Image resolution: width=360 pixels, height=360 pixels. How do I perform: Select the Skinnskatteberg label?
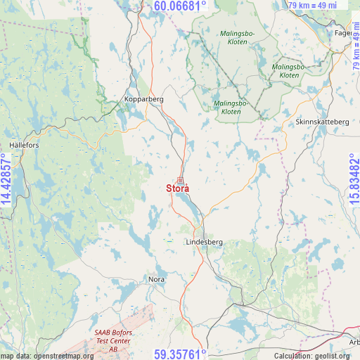point(322,122)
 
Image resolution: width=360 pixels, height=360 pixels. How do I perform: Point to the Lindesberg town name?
point(204,242)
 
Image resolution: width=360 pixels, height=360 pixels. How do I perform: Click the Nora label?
point(156,279)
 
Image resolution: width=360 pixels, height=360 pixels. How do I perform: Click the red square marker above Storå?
point(180,180)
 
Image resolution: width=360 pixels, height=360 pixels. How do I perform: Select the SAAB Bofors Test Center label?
point(113,340)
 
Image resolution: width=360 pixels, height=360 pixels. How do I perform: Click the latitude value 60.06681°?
point(180,7)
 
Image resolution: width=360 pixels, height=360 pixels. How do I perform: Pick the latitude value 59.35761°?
point(180,353)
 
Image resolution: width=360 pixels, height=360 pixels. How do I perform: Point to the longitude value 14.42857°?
point(7,180)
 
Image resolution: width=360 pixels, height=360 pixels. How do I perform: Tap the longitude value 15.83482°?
point(353,180)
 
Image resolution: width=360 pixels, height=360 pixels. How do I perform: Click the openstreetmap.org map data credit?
point(46,356)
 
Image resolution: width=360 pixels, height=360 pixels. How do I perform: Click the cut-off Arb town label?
point(353,342)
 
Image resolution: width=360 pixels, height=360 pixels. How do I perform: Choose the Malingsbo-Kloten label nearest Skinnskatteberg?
point(289,71)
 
